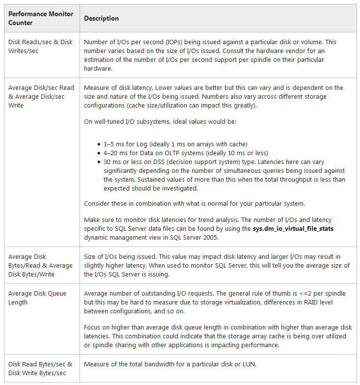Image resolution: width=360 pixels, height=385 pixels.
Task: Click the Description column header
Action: pos(101,19)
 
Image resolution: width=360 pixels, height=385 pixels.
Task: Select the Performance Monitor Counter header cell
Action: pos(41,19)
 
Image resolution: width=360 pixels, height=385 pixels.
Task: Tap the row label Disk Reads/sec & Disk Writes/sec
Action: pos(40,47)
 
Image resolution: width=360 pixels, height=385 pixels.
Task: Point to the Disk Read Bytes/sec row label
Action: pos(40,369)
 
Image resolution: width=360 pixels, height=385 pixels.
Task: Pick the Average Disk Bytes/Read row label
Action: pos(40,266)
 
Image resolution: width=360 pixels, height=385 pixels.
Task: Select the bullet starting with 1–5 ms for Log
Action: pos(175,144)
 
